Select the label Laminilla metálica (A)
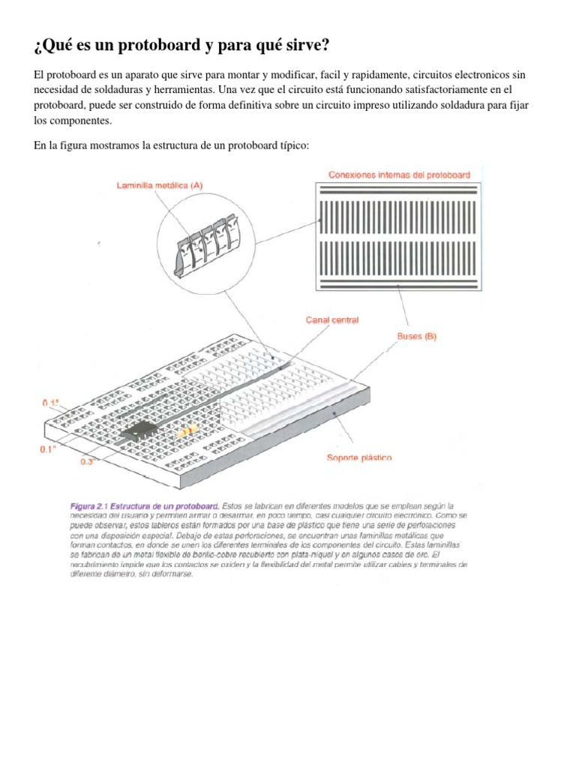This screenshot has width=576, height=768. point(159,184)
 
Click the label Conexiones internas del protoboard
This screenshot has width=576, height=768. point(399,174)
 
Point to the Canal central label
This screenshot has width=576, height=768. point(331,319)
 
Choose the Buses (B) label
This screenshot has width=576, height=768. point(416,337)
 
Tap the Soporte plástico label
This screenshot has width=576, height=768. point(358,457)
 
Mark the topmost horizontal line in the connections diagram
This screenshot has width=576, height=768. point(399,188)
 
